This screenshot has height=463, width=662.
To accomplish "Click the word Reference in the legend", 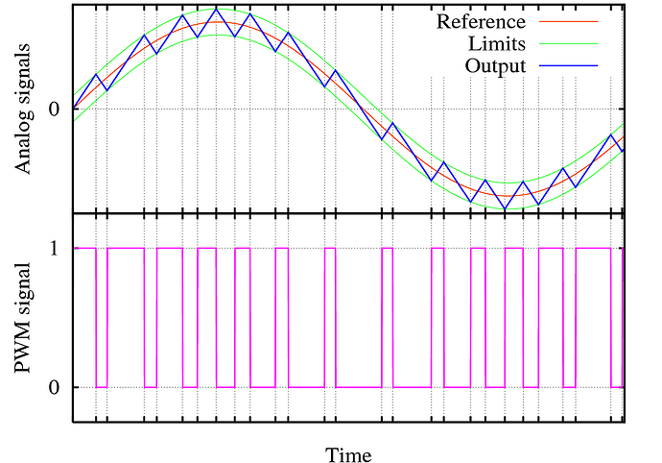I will tap(481, 21).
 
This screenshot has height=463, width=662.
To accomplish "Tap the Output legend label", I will tap(495, 66).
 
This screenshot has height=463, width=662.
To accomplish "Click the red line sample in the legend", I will tap(570, 21).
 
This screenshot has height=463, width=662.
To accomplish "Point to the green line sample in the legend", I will tap(570, 44).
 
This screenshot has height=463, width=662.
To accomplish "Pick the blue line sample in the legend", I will tap(570, 66).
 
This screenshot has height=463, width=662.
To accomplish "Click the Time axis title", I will tap(348, 453).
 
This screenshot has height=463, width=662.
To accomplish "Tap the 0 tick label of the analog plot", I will tap(55, 109).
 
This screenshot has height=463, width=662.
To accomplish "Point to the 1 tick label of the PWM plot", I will tap(55, 248).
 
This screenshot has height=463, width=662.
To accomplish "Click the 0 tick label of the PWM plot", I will tap(55, 387).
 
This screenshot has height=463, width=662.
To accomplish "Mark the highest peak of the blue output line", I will tap(217, 9).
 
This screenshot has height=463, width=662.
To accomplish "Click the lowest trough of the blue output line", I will tap(506, 208).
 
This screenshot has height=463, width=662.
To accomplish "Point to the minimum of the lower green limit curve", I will tap(506, 208).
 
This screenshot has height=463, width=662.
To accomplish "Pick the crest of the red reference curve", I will tap(217, 23).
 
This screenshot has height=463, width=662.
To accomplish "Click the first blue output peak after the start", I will tap(96, 74).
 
